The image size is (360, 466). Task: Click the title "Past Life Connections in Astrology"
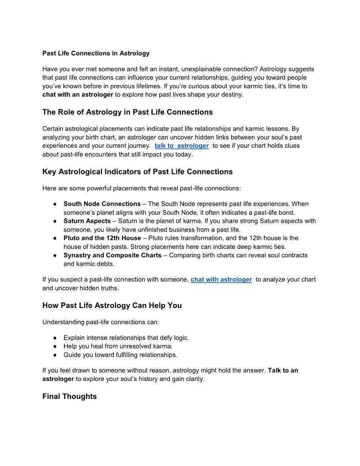point(96,53)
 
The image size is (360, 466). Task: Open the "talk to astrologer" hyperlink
point(181,146)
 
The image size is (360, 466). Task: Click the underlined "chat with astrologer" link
point(221,279)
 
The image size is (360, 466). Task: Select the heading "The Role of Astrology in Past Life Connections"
point(127,112)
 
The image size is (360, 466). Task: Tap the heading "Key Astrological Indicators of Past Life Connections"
point(137,171)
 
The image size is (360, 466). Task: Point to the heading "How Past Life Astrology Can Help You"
point(112,305)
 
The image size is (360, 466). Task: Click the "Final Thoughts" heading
point(69,396)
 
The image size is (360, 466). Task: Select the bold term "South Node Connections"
point(102,204)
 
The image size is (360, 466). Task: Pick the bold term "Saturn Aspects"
point(87,221)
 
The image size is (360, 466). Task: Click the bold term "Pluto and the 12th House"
point(102,238)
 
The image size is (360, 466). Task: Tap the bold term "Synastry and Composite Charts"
point(112,256)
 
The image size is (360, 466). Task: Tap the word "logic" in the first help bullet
point(180,338)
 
